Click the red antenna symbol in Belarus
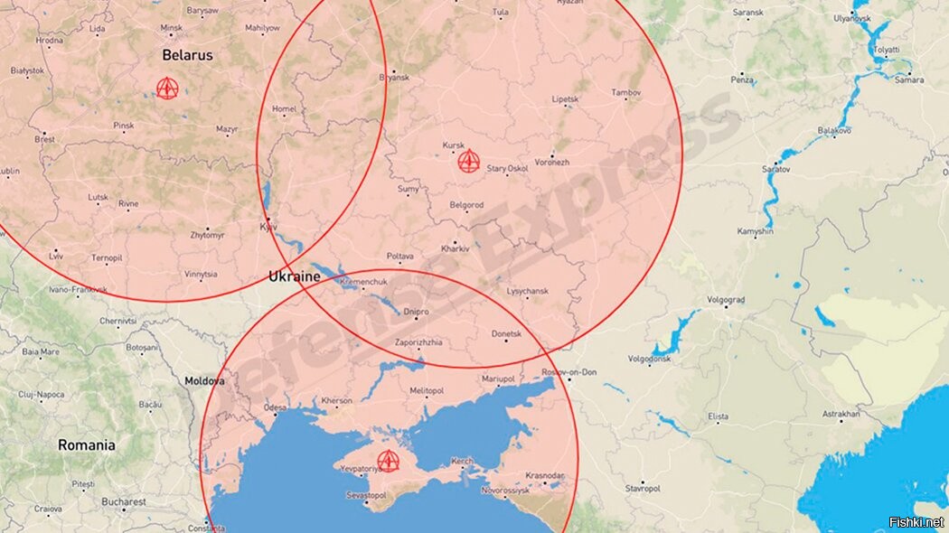click(x=166, y=88)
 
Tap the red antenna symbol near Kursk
click(x=467, y=162)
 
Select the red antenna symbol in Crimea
click(x=388, y=461)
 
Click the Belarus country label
click(x=187, y=55)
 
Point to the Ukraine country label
click(x=296, y=276)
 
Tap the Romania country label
click(x=87, y=444)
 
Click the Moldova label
click(x=204, y=381)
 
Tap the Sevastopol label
click(x=366, y=496)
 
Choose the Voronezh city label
click(x=552, y=162)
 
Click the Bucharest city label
click(x=124, y=501)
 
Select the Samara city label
click(x=908, y=79)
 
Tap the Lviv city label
click(x=56, y=257)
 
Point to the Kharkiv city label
click(x=455, y=248)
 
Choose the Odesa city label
click(x=275, y=407)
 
